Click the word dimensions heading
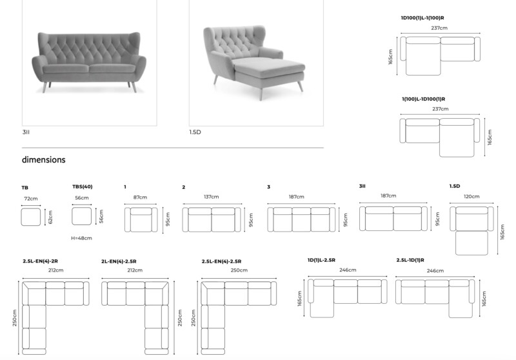pos(43,160)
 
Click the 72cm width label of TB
pos(31,199)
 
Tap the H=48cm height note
pos(82,238)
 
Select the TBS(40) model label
pos(83,186)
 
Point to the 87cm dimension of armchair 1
pos(140,197)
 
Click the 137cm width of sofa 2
pos(212,197)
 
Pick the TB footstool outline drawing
pos(31,217)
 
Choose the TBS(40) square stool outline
pos(82,216)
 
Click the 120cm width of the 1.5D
pos(471,197)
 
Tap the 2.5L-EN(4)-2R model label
pos(40,261)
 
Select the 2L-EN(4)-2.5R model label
pos(119,261)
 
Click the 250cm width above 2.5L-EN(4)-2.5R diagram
pos(239,270)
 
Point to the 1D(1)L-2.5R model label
pos(321,260)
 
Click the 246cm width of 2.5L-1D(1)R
pos(435,271)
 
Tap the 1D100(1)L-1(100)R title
pos(422,18)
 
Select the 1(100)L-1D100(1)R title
pos(423,99)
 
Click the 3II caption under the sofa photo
pos(26,132)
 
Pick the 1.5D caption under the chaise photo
pos(195,132)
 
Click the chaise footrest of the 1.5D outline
pos(471,243)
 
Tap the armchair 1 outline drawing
pos(141,219)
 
